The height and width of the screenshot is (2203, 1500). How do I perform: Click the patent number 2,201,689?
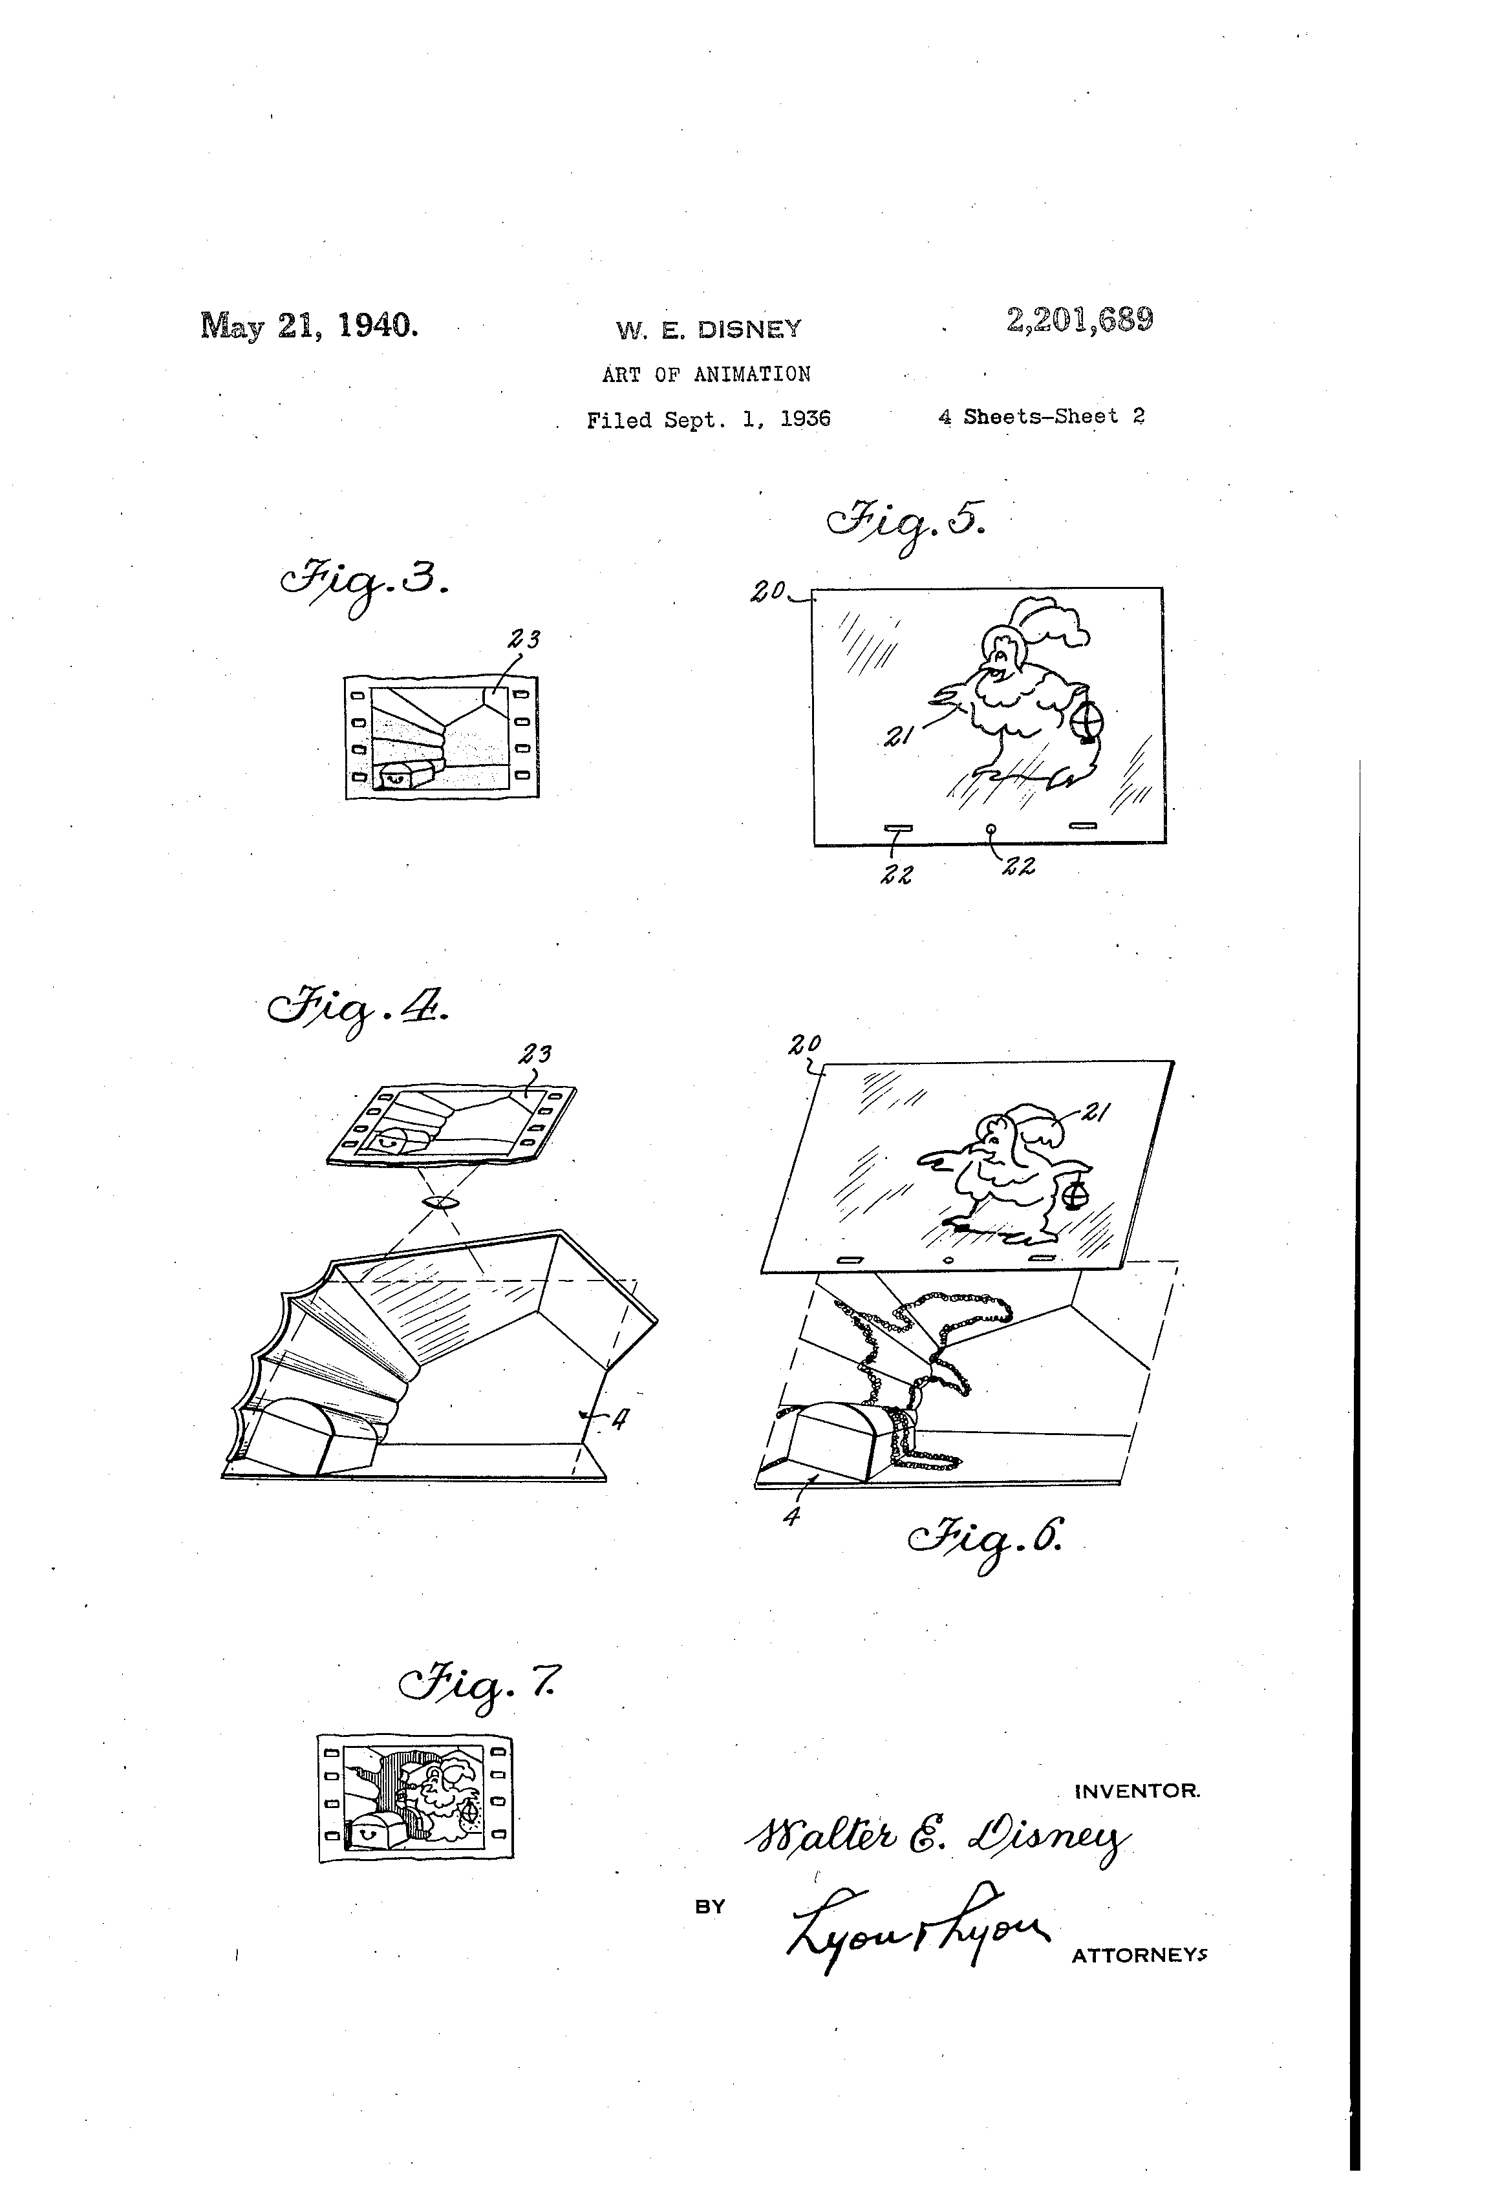coord(1079,321)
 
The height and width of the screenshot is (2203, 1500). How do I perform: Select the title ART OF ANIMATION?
coord(707,374)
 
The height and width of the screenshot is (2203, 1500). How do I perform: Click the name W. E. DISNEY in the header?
coord(708,329)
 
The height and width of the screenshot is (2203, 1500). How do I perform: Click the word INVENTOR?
coord(1137,1791)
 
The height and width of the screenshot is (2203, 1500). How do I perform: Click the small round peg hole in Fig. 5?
coord(991,829)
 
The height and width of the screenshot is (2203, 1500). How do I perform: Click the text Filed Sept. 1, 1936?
coord(708,419)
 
